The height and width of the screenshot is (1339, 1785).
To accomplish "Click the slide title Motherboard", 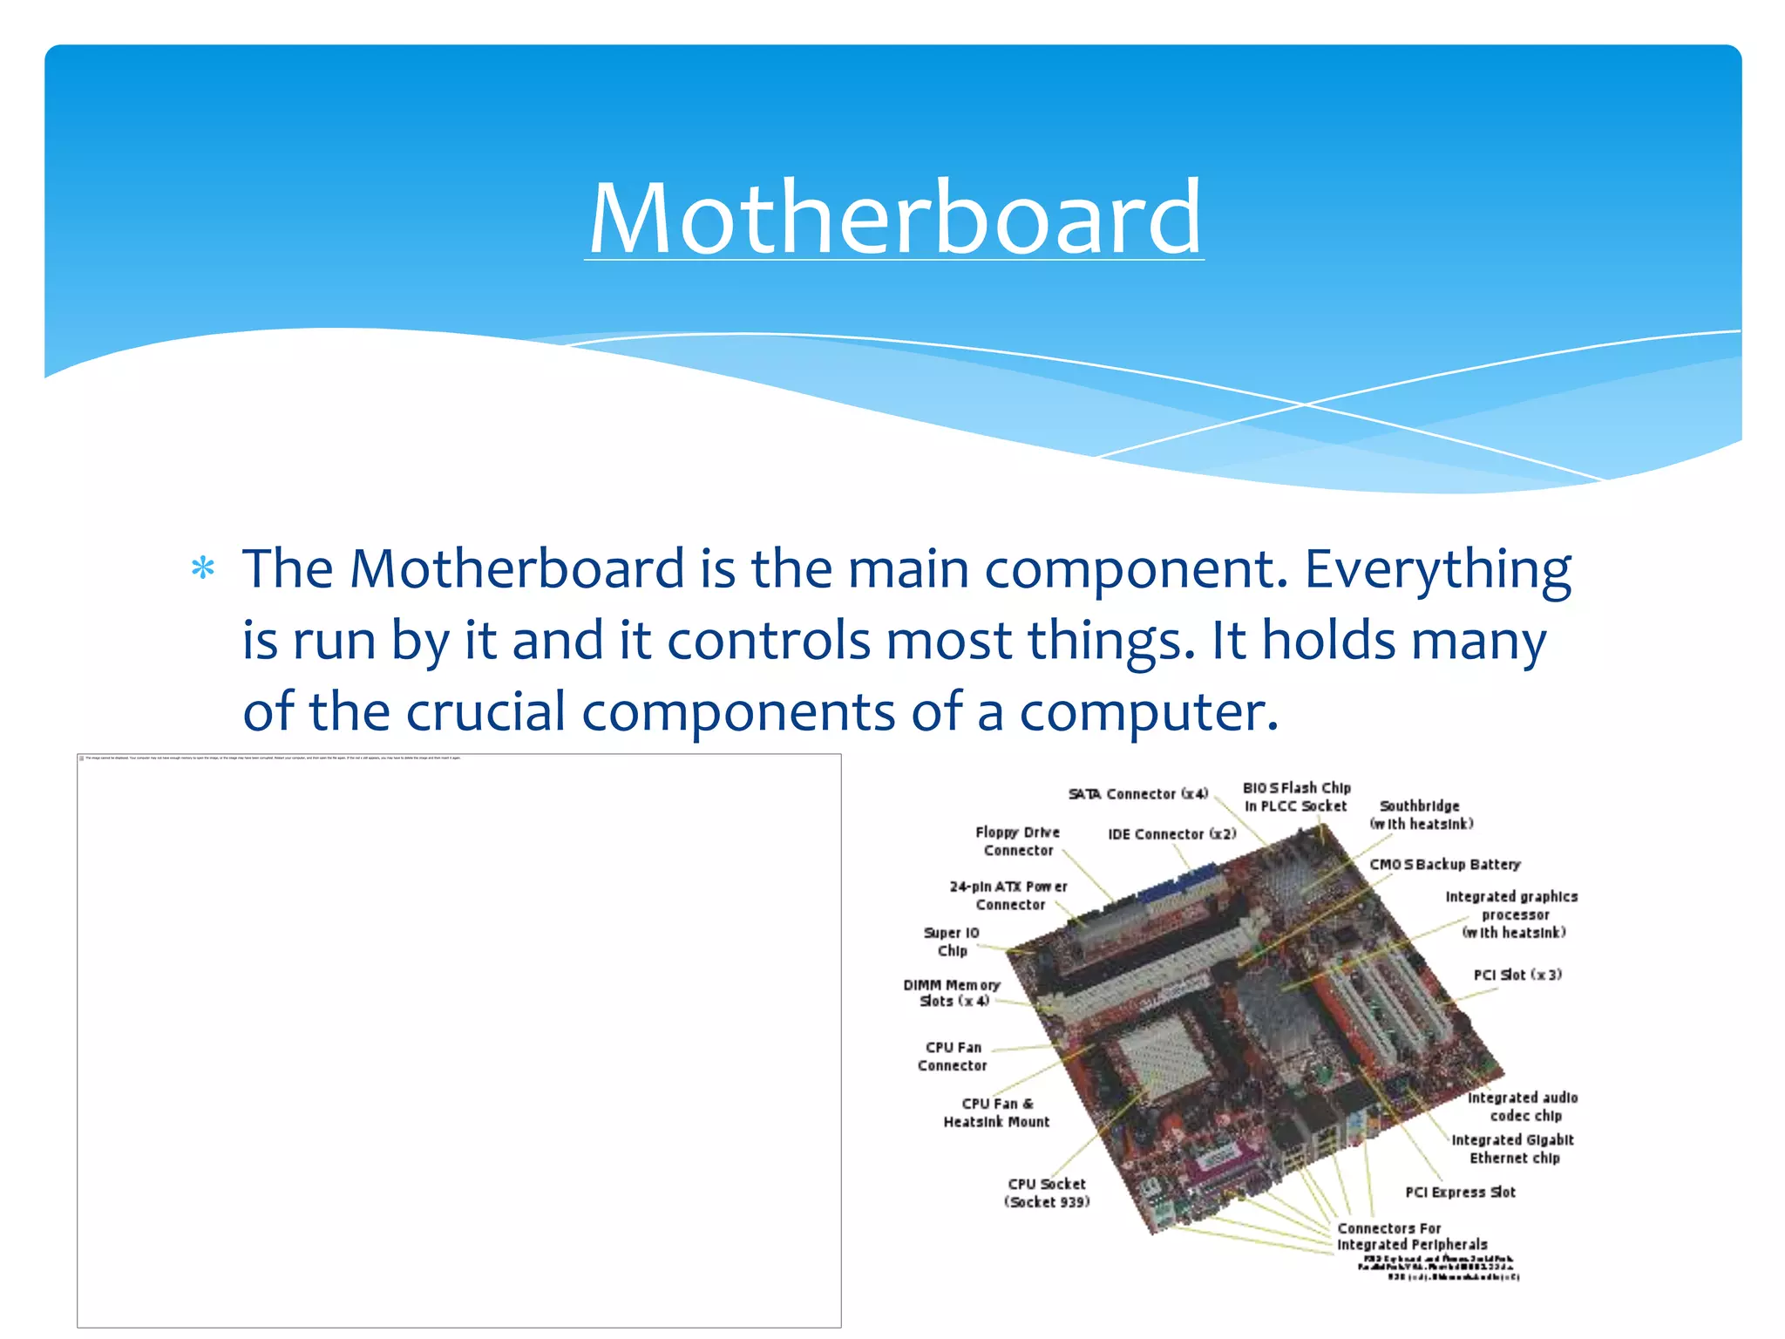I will tap(894, 218).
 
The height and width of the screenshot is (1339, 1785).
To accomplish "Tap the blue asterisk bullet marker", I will tap(203, 569).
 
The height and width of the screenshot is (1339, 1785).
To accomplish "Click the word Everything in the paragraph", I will tap(1437, 571).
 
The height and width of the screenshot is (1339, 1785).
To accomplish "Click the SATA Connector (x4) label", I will tap(1138, 794).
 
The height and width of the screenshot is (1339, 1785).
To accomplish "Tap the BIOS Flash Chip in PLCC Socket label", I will tap(1296, 797).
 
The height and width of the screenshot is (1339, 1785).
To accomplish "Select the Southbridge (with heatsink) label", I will tap(1421, 815).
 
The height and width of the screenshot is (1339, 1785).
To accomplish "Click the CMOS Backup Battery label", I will tap(1444, 864).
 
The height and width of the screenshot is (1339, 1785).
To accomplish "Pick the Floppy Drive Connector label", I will tap(1018, 841).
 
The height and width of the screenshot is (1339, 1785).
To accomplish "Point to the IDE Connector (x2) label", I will tap(1171, 834).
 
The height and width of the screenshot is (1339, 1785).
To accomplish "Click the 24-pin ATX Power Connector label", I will tap(1008, 895).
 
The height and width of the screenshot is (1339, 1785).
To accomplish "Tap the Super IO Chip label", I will tap(952, 941).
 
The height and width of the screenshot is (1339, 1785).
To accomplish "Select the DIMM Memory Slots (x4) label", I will tap(952, 993).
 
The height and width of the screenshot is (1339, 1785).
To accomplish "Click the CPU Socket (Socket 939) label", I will tap(1047, 1193).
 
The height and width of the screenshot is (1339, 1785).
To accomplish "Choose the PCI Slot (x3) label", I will tap(1517, 975).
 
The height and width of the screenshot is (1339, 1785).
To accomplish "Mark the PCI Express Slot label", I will tap(1460, 1192).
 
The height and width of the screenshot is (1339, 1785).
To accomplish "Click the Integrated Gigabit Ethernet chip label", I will tap(1513, 1148).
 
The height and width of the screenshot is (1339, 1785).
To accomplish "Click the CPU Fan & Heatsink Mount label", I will tap(996, 1112).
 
